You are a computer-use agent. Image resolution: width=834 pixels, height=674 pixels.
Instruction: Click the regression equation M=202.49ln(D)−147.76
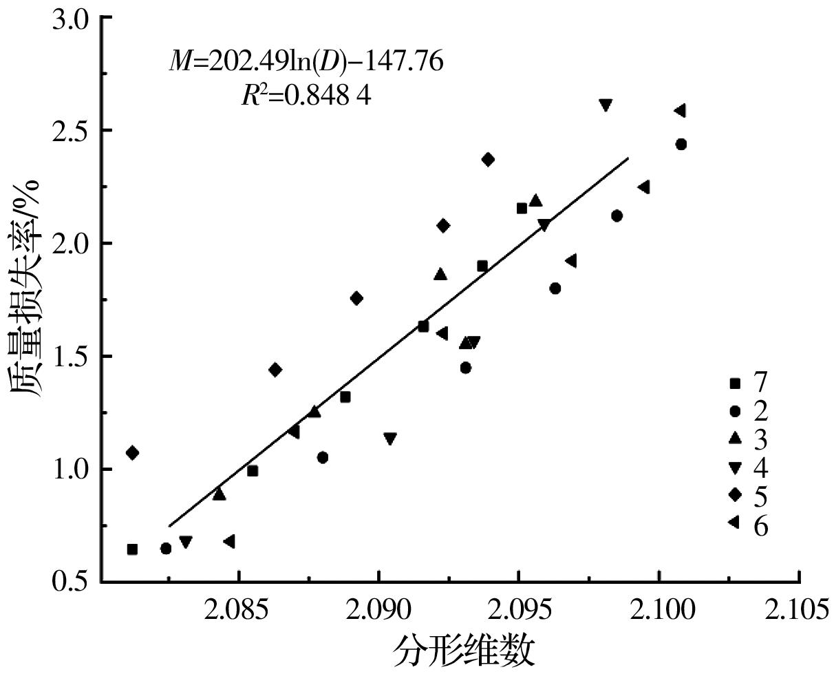tap(306, 63)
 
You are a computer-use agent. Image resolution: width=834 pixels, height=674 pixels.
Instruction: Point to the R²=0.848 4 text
tap(306, 96)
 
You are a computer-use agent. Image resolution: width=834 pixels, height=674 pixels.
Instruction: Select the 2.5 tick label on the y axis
tap(71, 131)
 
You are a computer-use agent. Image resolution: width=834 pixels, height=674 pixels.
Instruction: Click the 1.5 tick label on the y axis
tap(71, 357)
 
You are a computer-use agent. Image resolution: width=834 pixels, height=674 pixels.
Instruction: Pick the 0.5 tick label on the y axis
tap(71, 582)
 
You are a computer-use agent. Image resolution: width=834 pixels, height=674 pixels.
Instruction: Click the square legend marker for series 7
tap(735, 383)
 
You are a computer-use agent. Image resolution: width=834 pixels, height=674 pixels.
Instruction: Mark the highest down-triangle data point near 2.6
tap(606, 105)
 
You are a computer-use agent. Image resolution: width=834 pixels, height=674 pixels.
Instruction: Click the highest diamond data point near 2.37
tap(488, 160)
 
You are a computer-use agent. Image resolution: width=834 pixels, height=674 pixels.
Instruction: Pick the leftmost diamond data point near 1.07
tap(132, 453)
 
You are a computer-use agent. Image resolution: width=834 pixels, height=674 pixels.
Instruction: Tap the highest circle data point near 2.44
tap(681, 145)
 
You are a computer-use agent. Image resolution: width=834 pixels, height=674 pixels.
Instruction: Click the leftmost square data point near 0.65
tap(132, 549)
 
